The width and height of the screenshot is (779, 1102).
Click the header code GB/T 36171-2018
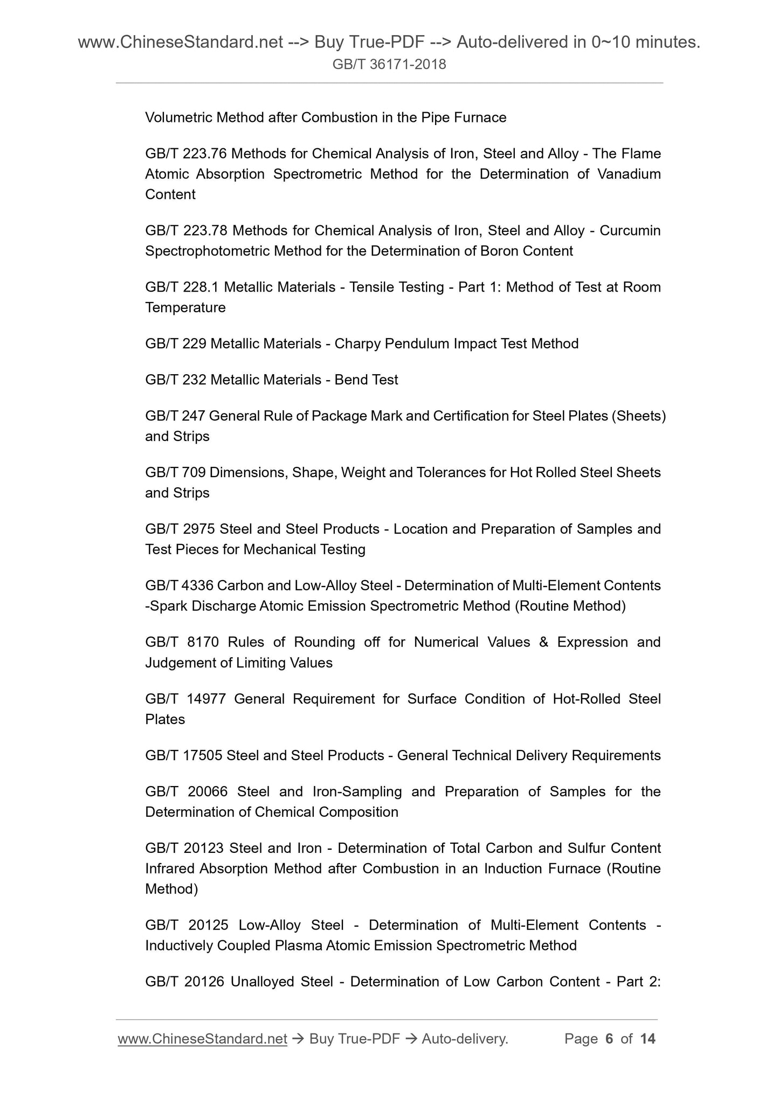tap(389, 65)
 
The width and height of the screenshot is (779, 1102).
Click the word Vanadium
tap(629, 174)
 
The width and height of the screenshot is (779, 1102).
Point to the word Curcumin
tap(630, 231)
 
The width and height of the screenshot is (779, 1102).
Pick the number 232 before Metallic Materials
tap(194, 380)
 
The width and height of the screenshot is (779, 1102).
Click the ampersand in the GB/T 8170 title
tap(543, 642)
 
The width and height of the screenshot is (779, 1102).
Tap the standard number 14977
tap(205, 699)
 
